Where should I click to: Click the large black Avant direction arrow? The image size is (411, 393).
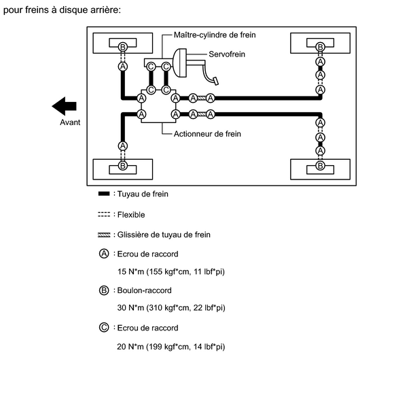pyautogui.click(x=65, y=106)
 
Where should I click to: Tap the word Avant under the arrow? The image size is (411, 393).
pyautogui.click(x=70, y=122)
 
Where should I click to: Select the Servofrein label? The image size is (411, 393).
pyautogui.click(x=227, y=54)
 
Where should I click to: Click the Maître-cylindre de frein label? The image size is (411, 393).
pyautogui.click(x=215, y=35)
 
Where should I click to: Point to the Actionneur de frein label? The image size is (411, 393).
pyautogui.click(x=207, y=134)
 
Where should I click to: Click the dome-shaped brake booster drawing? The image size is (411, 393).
pyautogui.click(x=180, y=63)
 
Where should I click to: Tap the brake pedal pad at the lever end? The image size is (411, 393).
pyautogui.click(x=216, y=81)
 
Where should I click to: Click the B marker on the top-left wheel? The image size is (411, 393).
pyautogui.click(x=123, y=47)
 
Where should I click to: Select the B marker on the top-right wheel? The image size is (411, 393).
pyautogui.click(x=320, y=47)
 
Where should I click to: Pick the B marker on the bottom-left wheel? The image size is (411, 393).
pyautogui.click(x=123, y=166)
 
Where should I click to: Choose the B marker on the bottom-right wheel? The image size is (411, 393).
pyautogui.click(x=320, y=166)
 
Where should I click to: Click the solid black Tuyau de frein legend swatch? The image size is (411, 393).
pyautogui.click(x=104, y=194)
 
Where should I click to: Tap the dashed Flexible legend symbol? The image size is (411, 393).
pyautogui.click(x=104, y=215)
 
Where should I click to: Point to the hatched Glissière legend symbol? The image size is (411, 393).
pyautogui.click(x=104, y=235)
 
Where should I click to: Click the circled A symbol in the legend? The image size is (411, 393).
pyautogui.click(x=104, y=254)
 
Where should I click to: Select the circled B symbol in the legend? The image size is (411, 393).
pyautogui.click(x=104, y=290)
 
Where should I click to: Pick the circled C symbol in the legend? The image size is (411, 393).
pyautogui.click(x=104, y=328)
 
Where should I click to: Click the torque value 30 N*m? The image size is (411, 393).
pyautogui.click(x=130, y=307)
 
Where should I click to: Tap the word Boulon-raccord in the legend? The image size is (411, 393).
pyautogui.click(x=145, y=290)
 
